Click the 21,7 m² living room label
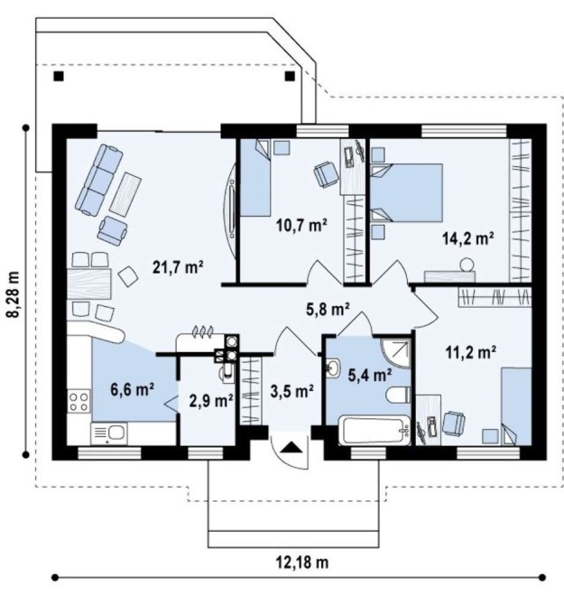pos(178,267)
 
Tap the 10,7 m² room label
pos(302,225)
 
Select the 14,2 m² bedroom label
pos(468,238)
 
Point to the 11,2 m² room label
pos(471,352)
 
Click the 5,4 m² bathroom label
pos(370,375)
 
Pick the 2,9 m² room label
pos(211,401)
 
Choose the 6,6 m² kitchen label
pos(133,389)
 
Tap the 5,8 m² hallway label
pos(328,310)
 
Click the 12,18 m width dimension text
pos(302,563)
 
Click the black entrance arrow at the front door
pos(291,448)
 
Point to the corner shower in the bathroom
pos(396,353)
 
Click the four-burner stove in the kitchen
pos(79,401)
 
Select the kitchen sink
pos(108,433)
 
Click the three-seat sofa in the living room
pos(99,180)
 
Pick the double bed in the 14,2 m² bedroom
pos(407,193)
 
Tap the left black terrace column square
pos(59,77)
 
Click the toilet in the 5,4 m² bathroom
pos(398,396)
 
